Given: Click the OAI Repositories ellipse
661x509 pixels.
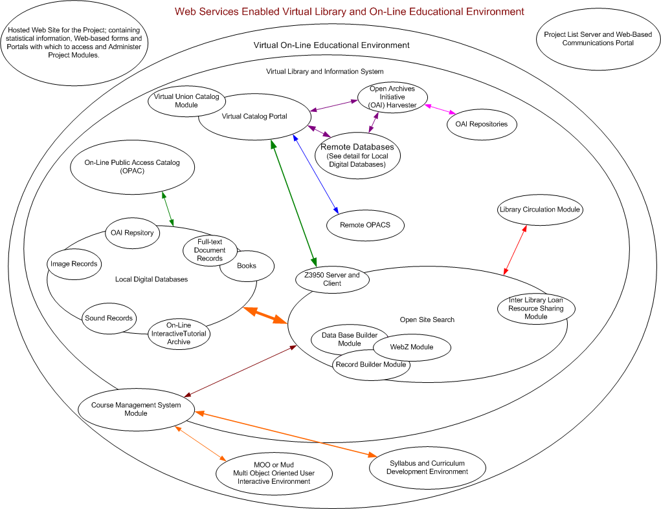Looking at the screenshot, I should point(482,124).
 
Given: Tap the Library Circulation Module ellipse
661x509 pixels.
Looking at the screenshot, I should point(540,210).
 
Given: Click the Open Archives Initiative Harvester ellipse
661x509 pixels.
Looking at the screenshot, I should point(392,97).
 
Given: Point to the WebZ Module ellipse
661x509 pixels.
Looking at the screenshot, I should point(412,347).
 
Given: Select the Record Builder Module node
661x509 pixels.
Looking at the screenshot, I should point(371,365).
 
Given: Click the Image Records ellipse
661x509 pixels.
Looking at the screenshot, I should point(74,264).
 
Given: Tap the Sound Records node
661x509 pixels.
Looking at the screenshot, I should point(109,318).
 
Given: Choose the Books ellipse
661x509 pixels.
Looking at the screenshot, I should point(247,266).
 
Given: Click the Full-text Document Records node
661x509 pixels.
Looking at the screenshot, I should point(208,250).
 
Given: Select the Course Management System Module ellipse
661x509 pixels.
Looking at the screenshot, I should point(136,409).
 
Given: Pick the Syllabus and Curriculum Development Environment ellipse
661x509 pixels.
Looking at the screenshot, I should point(427,468).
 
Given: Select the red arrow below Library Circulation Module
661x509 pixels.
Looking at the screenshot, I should point(515,250).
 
